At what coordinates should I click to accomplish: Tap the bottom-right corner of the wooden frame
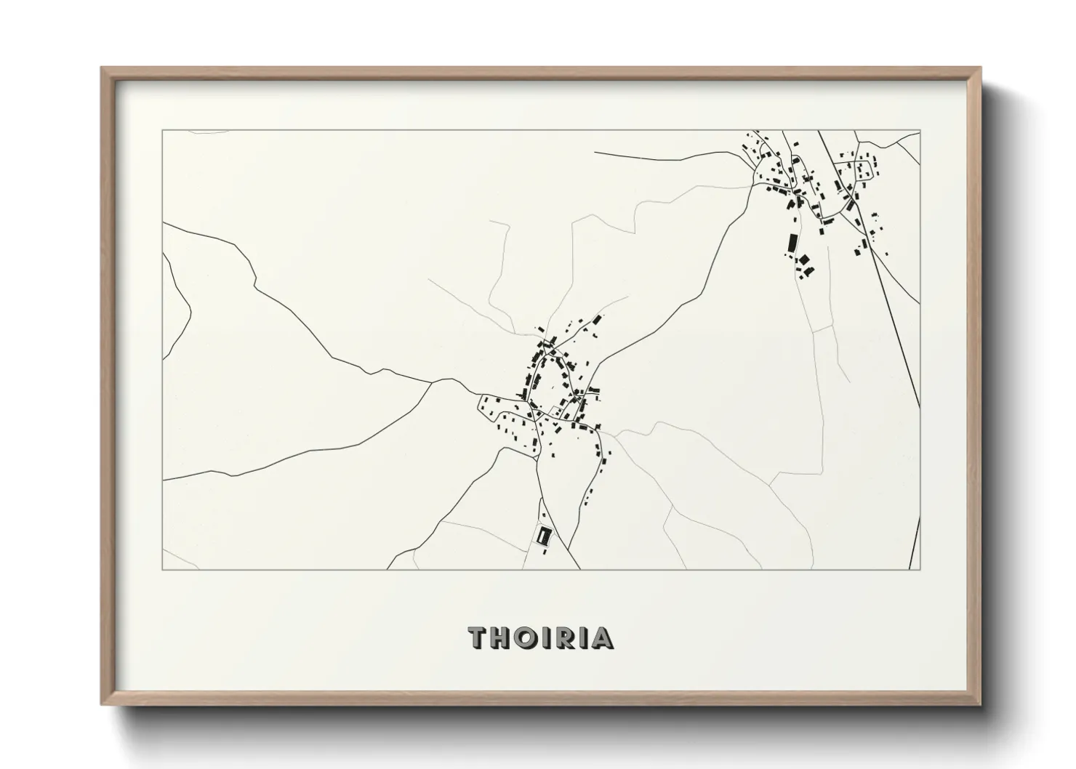pyautogui.click(x=980, y=704)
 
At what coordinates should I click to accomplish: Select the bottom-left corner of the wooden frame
pyautogui.click(x=102, y=704)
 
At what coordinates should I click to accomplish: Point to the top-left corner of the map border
pyautogui.click(x=162, y=131)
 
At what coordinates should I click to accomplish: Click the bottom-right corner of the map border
pyautogui.click(x=920, y=569)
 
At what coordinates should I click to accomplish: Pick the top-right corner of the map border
pyautogui.click(x=920, y=131)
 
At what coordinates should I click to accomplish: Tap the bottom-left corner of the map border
pyautogui.click(x=162, y=569)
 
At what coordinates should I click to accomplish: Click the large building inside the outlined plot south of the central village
pyautogui.click(x=542, y=536)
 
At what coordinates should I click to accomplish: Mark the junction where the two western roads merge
pyautogui.click(x=434, y=381)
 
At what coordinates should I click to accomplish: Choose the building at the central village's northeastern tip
pyautogui.click(x=598, y=319)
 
